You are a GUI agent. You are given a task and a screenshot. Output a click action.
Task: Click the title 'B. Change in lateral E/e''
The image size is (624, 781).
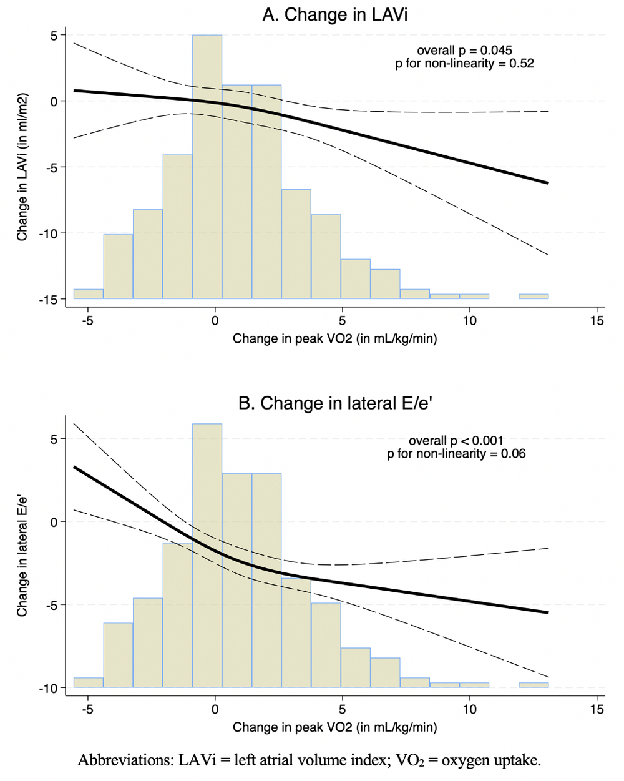click(x=336, y=403)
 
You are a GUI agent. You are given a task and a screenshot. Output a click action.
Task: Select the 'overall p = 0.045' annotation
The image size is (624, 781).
click(x=464, y=51)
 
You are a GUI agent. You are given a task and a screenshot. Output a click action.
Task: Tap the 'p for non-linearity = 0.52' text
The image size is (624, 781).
click(x=464, y=64)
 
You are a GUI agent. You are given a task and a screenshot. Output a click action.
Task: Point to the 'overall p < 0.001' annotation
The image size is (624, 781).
click(x=456, y=440)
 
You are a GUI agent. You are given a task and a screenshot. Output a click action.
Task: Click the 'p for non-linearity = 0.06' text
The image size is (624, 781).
click(x=456, y=453)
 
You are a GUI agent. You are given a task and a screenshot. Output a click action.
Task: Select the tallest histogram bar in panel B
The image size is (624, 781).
click(x=207, y=556)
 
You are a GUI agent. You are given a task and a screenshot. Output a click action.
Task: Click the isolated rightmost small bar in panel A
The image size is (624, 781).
click(x=534, y=296)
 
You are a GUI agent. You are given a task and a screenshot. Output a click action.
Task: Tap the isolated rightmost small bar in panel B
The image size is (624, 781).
click(x=534, y=685)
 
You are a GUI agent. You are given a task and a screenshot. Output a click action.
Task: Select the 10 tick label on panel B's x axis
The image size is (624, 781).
click(x=469, y=709)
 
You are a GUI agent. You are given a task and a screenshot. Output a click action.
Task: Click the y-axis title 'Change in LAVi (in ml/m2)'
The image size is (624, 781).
click(x=22, y=167)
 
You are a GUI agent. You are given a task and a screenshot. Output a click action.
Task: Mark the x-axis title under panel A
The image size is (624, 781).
click(x=334, y=339)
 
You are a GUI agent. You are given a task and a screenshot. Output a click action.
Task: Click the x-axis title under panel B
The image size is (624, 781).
click(x=334, y=727)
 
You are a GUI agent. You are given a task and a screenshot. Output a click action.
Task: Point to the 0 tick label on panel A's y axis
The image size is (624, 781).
click(x=54, y=101)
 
